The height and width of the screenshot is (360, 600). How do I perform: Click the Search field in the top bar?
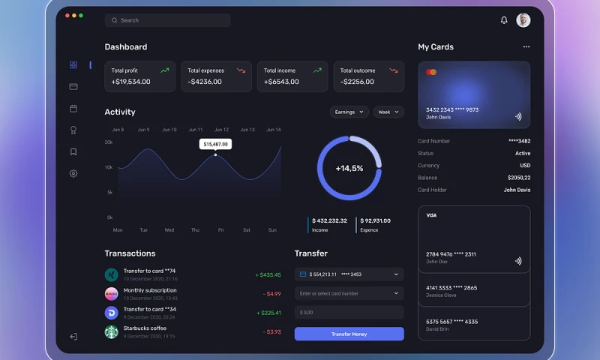pyautogui.click(x=168, y=20)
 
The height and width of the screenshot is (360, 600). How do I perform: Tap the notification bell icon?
pyautogui.click(x=504, y=20)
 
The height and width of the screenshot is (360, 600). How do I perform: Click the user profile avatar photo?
pyautogui.click(x=523, y=20)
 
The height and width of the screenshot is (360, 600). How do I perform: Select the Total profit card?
pyautogui.click(x=140, y=76)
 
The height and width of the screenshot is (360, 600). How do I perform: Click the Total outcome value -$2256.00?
pyautogui.click(x=357, y=82)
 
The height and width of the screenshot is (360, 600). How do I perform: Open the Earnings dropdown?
pyautogui.click(x=349, y=112)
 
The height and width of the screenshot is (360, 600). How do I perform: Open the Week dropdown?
pyautogui.click(x=388, y=112)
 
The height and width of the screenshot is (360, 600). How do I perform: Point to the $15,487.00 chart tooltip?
pyautogui.click(x=215, y=143)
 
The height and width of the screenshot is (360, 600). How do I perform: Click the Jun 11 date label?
pyautogui.click(x=196, y=130)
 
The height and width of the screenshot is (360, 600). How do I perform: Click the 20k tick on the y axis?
pyautogui.click(x=109, y=142)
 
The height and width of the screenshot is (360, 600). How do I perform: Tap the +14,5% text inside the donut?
pyautogui.click(x=349, y=168)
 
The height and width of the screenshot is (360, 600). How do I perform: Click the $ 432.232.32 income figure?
pyautogui.click(x=329, y=220)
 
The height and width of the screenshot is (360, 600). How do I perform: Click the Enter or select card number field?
pyautogui.click(x=349, y=293)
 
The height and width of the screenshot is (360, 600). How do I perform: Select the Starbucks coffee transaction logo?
pyautogui.click(x=112, y=331)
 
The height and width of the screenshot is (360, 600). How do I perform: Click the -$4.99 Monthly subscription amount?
pyautogui.click(x=272, y=294)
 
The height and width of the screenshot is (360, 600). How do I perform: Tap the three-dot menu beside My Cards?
pyautogui.click(x=526, y=46)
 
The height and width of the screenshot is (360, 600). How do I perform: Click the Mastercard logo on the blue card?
pyautogui.click(x=431, y=72)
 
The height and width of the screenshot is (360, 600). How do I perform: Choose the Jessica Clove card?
pyautogui.click(x=474, y=291)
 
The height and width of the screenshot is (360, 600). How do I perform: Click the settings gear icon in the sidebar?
pyautogui.click(x=73, y=173)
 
